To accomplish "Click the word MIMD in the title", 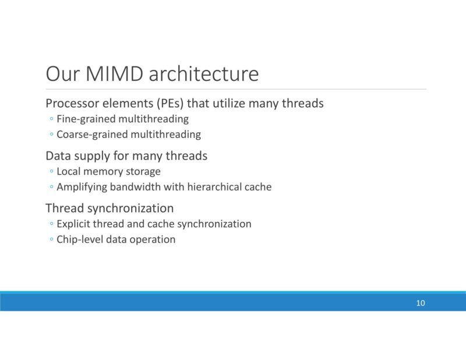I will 116,75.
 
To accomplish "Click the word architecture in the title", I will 204,75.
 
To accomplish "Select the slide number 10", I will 421,303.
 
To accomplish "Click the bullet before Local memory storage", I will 51,172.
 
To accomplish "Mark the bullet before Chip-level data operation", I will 51,239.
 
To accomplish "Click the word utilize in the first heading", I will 228,104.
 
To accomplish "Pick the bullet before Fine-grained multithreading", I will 51,119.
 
